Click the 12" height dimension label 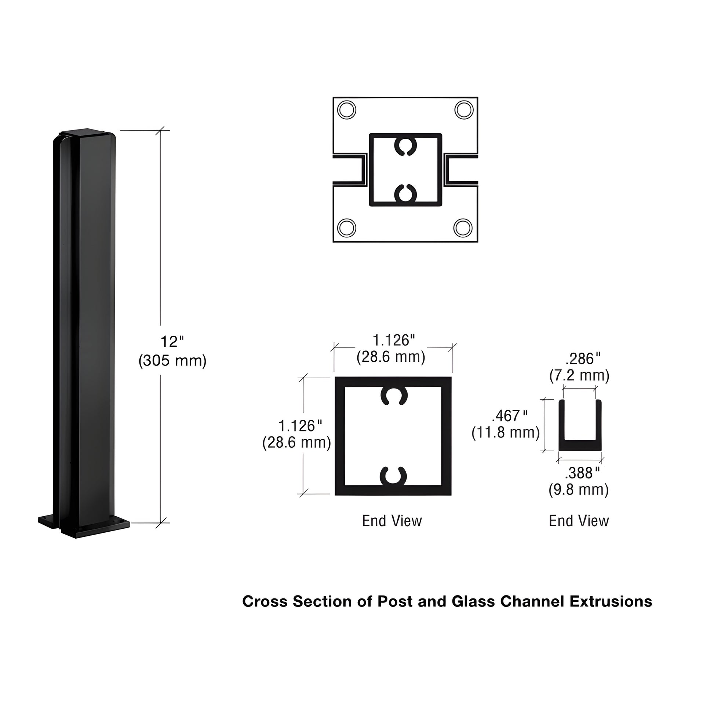172,342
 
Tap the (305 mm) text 172,360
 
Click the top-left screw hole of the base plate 347,110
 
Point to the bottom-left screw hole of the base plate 347,228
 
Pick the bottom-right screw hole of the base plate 463,228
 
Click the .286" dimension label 583,358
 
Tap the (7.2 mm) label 579,375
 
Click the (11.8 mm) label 506,432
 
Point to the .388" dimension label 582,473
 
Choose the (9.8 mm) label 578,490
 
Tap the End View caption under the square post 392,521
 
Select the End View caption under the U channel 579,521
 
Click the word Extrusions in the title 611,602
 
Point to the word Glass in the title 473,602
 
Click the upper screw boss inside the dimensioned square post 394,396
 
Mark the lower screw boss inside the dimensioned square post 394,476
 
